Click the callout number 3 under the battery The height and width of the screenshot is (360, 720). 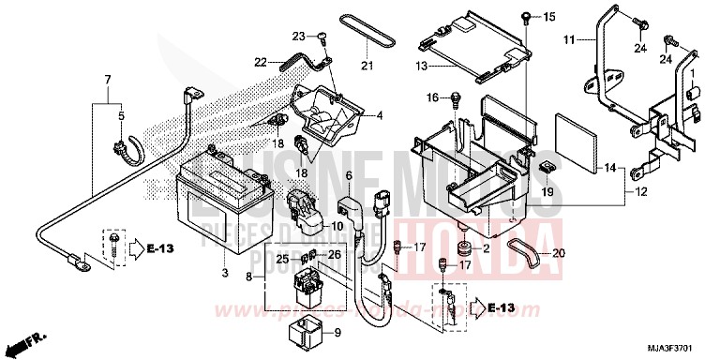pyautogui.click(x=224, y=274)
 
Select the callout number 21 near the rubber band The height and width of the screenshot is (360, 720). pyautogui.click(x=367, y=66)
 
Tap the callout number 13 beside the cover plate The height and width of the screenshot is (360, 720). pyautogui.click(x=421, y=67)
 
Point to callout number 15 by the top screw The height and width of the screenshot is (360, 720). pyautogui.click(x=549, y=17)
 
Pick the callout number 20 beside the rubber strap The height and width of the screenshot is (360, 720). pyautogui.click(x=559, y=252)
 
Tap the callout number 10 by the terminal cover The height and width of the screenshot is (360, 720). pyautogui.click(x=337, y=226)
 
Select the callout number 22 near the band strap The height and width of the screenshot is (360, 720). pyautogui.click(x=261, y=63)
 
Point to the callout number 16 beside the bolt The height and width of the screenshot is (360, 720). pyautogui.click(x=432, y=97)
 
